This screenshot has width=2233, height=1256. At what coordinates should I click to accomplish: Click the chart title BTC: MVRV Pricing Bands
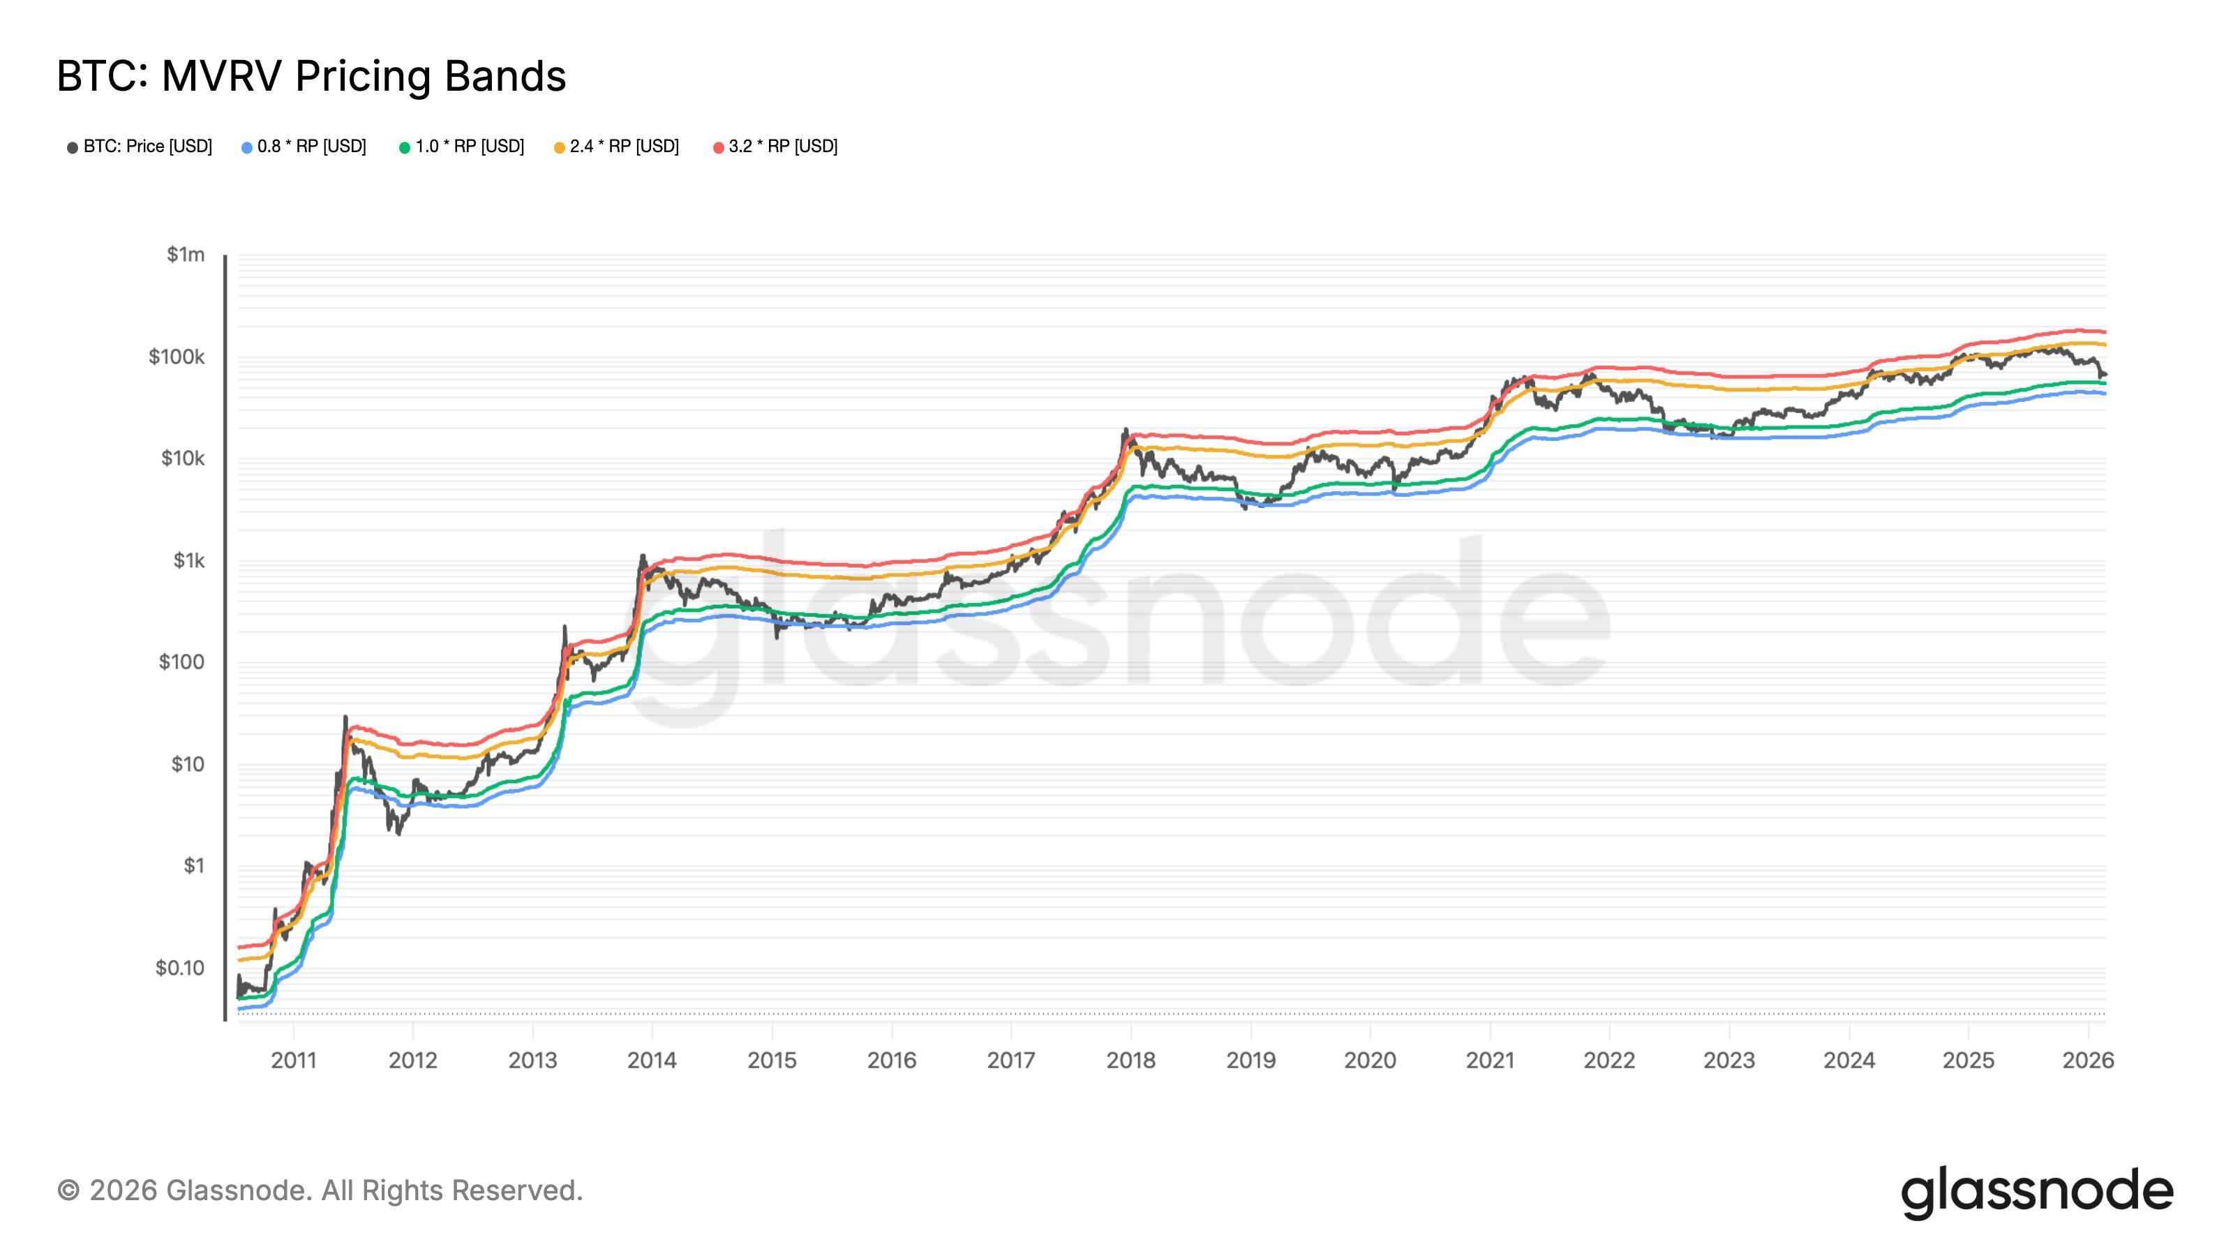click(311, 76)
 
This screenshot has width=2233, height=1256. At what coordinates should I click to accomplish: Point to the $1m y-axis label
click(186, 255)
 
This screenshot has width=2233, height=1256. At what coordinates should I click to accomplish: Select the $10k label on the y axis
click(182, 458)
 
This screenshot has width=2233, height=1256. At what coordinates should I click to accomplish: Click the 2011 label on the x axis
click(294, 1060)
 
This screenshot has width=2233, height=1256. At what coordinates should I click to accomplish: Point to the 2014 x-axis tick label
click(652, 1060)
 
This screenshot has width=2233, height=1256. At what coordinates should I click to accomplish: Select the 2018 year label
click(1130, 1060)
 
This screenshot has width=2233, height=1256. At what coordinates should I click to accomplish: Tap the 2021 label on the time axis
click(1490, 1060)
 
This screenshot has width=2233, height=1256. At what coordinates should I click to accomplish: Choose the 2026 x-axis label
click(2089, 1060)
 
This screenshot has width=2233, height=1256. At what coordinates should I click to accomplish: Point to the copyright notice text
click(320, 1191)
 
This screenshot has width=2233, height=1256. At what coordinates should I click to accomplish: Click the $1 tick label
click(193, 866)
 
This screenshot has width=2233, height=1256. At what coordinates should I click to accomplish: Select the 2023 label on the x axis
click(1729, 1060)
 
